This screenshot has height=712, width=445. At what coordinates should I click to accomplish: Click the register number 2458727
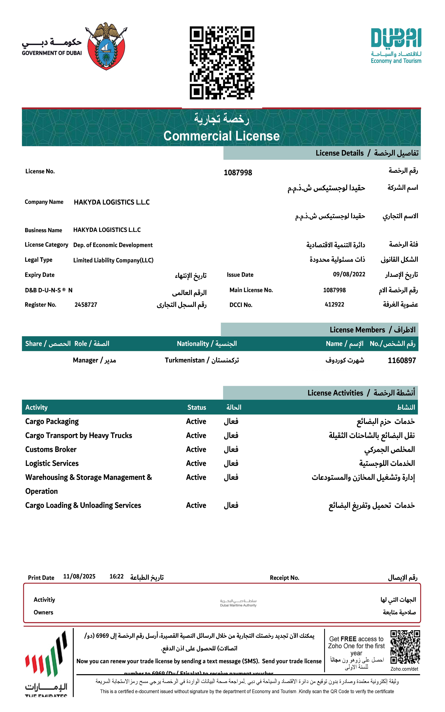click(86, 305)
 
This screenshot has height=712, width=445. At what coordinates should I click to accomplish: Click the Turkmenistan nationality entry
click(202, 360)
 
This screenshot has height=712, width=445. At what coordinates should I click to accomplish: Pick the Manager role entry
click(94, 360)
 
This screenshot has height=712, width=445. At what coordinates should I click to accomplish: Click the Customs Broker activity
click(51, 449)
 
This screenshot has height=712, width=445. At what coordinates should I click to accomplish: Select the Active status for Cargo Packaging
click(196, 421)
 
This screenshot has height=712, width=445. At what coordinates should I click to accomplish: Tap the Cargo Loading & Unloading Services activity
click(83, 505)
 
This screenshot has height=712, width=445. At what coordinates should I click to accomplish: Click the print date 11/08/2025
click(79, 576)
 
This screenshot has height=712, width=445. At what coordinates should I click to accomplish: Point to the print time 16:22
click(117, 576)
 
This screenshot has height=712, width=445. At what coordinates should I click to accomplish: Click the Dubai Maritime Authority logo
click(238, 603)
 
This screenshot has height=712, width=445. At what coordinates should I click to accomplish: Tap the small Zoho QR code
click(405, 647)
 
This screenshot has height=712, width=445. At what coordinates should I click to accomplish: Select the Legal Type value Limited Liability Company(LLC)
click(113, 260)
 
